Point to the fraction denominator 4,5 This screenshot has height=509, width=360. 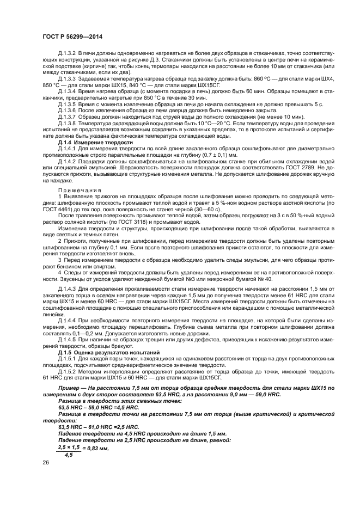point(69,455)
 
